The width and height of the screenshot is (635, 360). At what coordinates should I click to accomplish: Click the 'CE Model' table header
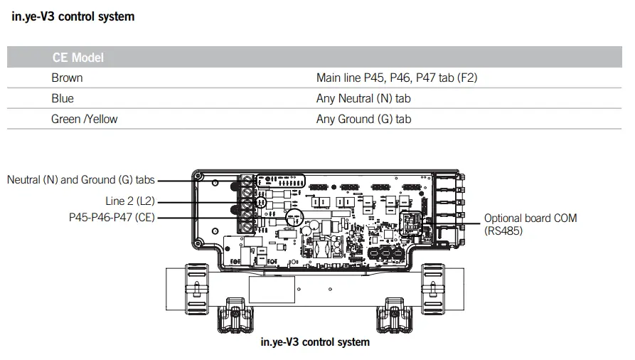click(78, 58)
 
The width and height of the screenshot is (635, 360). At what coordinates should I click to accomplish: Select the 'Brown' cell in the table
click(67, 78)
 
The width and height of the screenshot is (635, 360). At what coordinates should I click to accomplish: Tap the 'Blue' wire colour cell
click(63, 98)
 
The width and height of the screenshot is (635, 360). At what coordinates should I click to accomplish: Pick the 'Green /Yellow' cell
click(84, 119)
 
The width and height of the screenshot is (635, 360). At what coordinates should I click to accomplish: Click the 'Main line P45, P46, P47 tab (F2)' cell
click(396, 78)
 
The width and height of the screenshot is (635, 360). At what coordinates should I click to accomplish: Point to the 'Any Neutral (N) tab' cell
click(363, 98)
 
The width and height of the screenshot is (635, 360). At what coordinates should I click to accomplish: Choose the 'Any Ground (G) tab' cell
click(363, 119)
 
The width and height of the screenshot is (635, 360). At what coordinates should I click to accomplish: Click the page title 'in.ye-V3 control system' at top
click(73, 16)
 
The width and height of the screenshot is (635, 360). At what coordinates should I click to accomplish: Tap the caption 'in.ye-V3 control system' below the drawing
click(316, 342)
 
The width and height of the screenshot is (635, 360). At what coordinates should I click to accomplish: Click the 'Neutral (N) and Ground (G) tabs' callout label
click(80, 180)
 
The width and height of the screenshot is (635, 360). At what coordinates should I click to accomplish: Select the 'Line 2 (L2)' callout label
click(130, 201)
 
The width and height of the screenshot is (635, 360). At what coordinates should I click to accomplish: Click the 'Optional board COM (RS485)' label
click(530, 224)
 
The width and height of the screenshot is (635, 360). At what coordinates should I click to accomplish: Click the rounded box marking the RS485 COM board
click(412, 222)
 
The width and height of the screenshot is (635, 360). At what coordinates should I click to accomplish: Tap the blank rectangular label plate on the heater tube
click(272, 289)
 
